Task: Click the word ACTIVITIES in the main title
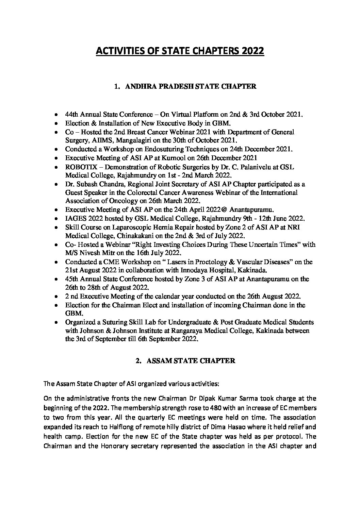116,51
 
